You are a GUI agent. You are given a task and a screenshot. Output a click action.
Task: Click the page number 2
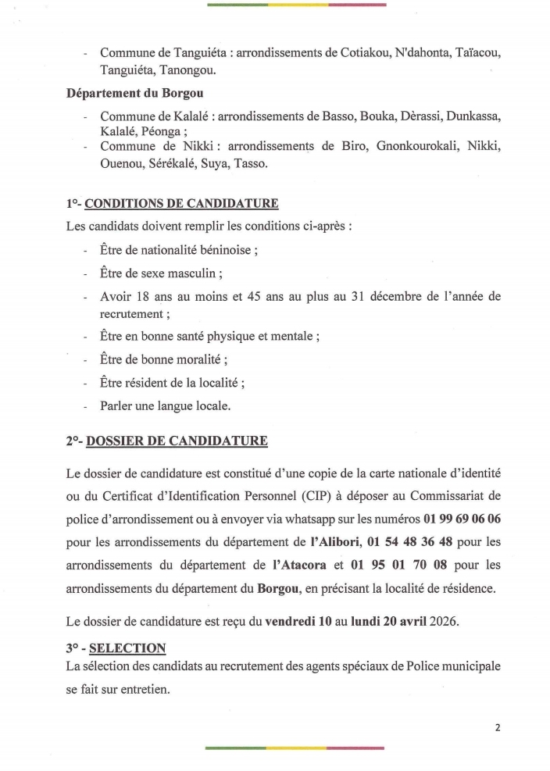[x=498, y=726]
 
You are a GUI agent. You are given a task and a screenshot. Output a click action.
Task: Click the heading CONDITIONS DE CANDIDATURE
[x=181, y=205]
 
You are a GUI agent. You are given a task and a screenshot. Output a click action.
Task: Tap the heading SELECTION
[x=127, y=648]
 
